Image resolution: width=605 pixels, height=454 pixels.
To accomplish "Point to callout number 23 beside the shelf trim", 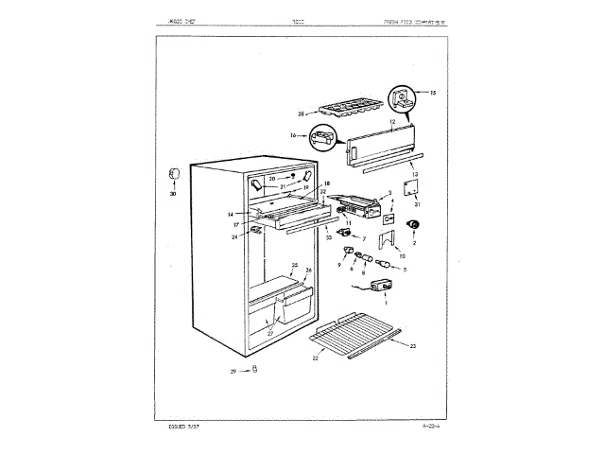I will (412, 347).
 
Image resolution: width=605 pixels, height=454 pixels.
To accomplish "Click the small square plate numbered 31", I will (412, 187).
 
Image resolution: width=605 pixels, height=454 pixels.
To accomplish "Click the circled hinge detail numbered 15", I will (401, 96).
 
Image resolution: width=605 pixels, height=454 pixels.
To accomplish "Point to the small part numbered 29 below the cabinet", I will (254, 371).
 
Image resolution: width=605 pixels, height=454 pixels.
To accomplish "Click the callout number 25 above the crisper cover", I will (295, 266).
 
